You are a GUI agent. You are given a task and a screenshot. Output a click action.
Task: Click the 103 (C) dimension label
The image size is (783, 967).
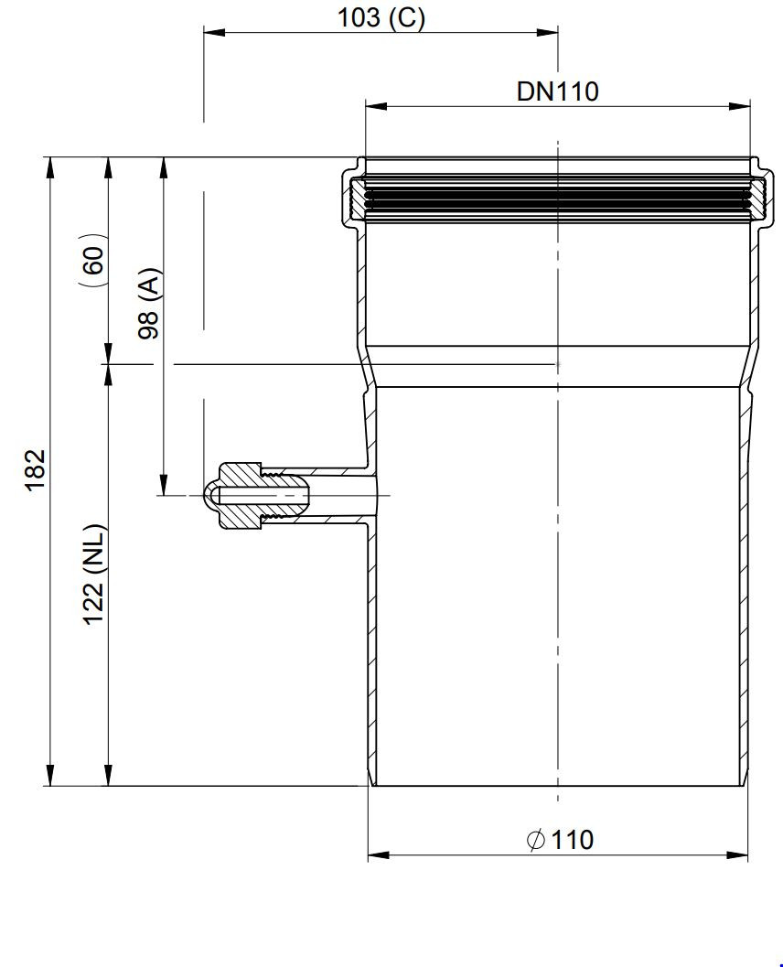point(381,17)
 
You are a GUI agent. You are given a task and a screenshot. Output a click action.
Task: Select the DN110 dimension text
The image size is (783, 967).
point(557,91)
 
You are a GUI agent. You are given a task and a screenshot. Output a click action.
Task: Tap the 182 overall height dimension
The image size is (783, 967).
point(36,469)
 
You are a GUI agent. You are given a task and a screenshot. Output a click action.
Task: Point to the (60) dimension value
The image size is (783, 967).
point(93,260)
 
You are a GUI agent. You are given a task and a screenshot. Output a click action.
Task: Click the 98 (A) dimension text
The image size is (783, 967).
point(148,303)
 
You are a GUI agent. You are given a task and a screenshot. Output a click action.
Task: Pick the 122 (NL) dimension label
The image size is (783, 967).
point(95,575)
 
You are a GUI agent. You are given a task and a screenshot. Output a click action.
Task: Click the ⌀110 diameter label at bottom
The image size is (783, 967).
point(560,840)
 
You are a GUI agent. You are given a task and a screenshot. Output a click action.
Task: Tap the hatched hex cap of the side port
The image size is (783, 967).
point(243,496)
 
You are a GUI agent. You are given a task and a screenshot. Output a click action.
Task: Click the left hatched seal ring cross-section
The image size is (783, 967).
point(357,197)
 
